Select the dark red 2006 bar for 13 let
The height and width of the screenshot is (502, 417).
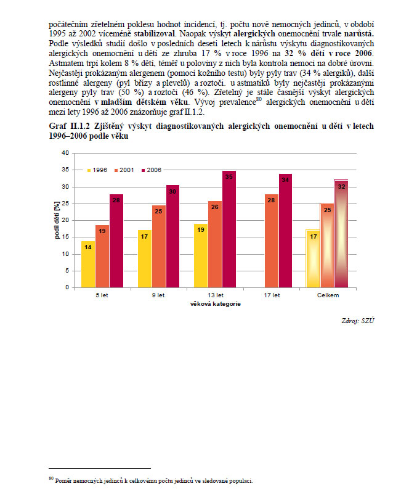229,229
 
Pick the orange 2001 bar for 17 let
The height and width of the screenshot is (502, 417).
270,241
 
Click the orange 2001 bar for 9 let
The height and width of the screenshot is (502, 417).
158,245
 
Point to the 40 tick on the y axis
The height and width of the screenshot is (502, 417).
65,153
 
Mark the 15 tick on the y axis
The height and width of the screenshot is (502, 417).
65,237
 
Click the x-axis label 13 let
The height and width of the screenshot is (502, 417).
214,295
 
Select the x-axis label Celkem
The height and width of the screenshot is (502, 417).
328,295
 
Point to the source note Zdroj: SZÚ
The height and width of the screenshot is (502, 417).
358,321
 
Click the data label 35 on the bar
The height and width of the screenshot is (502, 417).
229,177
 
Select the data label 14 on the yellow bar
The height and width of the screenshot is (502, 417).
88,247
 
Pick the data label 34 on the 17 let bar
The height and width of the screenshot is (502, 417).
285,179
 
